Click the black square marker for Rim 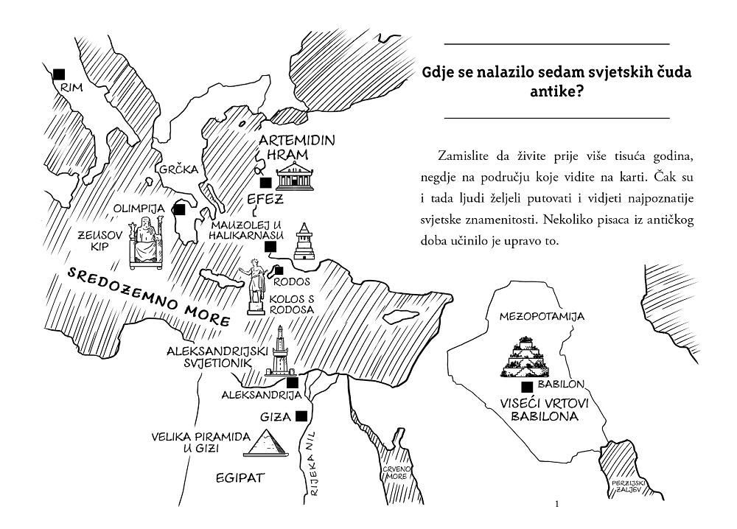(x=59, y=74)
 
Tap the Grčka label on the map (x=179, y=169)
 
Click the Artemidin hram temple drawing (x=295, y=175)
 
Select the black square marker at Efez (x=265, y=183)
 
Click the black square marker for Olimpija (x=180, y=209)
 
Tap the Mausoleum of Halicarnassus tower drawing (x=304, y=242)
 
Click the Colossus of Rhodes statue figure (x=254, y=286)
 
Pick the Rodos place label (x=292, y=282)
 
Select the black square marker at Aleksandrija (x=293, y=382)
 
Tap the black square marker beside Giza (x=301, y=416)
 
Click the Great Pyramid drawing (x=265, y=443)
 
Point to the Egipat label (x=240, y=478)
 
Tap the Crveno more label (x=395, y=472)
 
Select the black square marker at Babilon (x=527, y=387)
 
